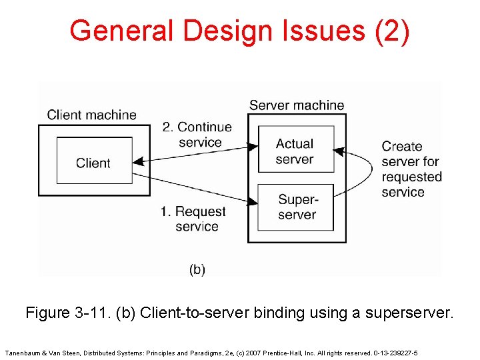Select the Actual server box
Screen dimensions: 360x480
[295, 150]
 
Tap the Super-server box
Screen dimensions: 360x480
[296, 207]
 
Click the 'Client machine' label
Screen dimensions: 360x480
[91, 115]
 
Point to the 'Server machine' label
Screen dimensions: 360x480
[297, 105]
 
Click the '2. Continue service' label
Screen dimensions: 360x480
[198, 134]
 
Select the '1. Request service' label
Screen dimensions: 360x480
[194, 219]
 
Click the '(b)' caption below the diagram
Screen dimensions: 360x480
[197, 269]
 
